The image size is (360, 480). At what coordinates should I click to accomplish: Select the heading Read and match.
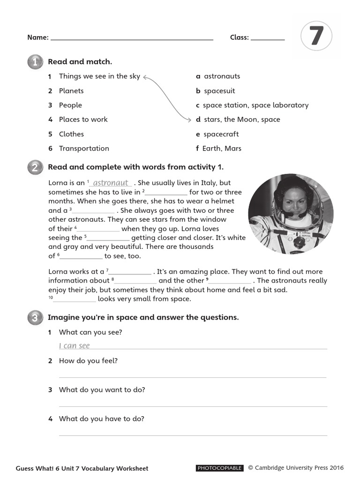(x=80, y=61)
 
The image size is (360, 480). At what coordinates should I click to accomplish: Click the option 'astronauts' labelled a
(x=222, y=76)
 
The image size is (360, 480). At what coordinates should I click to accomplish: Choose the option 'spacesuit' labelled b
(x=219, y=90)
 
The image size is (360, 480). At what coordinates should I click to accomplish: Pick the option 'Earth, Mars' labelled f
(x=222, y=148)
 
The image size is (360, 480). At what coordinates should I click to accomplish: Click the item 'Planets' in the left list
(x=71, y=90)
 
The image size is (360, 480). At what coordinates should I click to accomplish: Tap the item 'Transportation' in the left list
(x=84, y=148)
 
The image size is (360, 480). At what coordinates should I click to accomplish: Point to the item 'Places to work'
(x=83, y=120)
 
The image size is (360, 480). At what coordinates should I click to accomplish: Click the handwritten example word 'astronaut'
(x=111, y=183)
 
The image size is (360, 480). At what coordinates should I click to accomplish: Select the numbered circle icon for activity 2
(x=35, y=167)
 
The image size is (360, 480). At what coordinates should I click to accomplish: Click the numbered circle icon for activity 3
(x=35, y=318)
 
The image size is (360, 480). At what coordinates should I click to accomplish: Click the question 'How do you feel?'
(x=88, y=360)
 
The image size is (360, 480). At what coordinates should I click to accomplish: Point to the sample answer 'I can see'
(x=74, y=346)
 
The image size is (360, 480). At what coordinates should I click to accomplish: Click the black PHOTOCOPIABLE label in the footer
(x=219, y=468)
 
